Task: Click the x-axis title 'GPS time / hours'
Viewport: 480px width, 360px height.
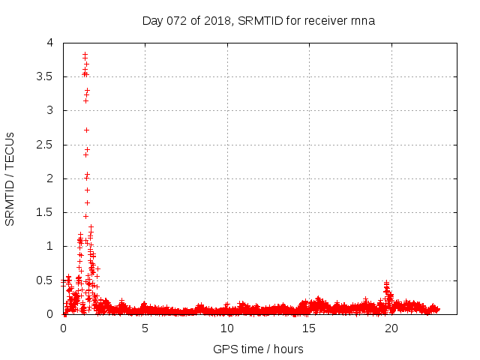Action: coord(258,349)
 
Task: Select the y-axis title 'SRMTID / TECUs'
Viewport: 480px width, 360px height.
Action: coord(10,178)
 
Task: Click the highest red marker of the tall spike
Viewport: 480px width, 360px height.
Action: coord(85,54)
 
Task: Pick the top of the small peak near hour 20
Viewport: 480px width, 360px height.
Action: coord(386,283)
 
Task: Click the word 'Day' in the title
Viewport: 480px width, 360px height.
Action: coord(152,20)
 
